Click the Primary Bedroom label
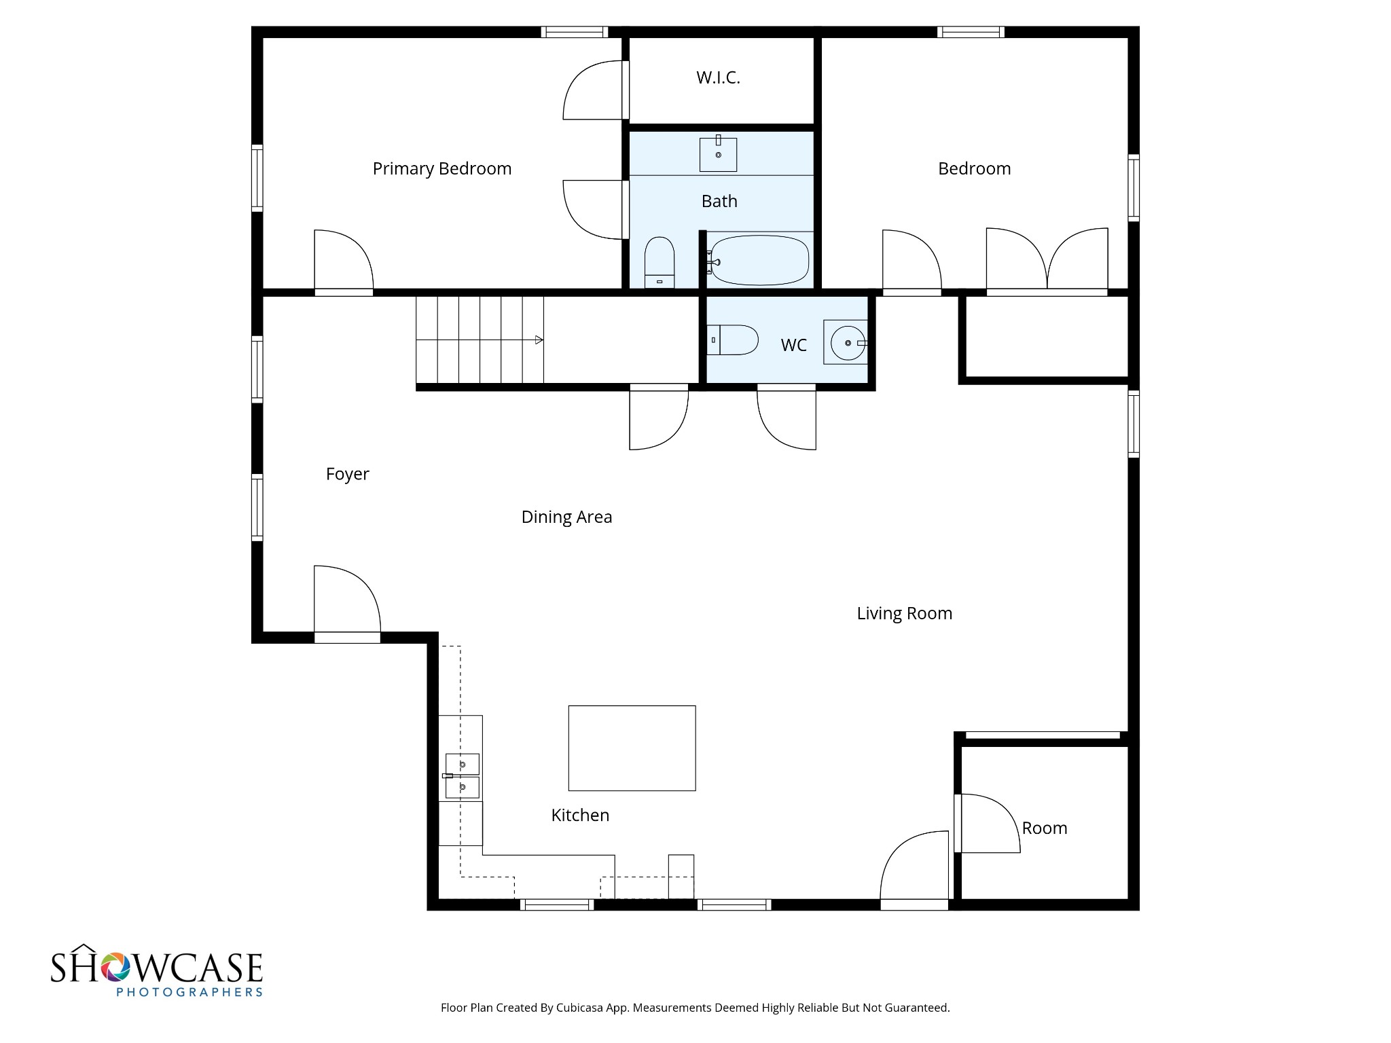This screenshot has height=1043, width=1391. point(441,168)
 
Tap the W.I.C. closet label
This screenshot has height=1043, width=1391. point(718,77)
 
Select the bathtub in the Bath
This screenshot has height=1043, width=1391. point(759,261)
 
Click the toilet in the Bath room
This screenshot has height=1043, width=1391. point(659,262)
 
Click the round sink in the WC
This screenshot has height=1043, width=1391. point(847,343)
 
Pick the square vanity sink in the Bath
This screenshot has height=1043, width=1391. point(718,155)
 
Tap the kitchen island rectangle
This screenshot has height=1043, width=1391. point(632,748)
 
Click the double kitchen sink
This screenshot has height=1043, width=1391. point(462,775)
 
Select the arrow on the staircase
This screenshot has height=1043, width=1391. point(539,340)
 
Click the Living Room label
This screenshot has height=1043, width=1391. point(904,613)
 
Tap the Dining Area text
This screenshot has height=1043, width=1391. point(566,517)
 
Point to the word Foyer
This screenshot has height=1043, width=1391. point(347,474)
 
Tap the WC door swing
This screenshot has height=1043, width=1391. point(786,418)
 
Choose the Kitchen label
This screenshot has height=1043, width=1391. point(580,815)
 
